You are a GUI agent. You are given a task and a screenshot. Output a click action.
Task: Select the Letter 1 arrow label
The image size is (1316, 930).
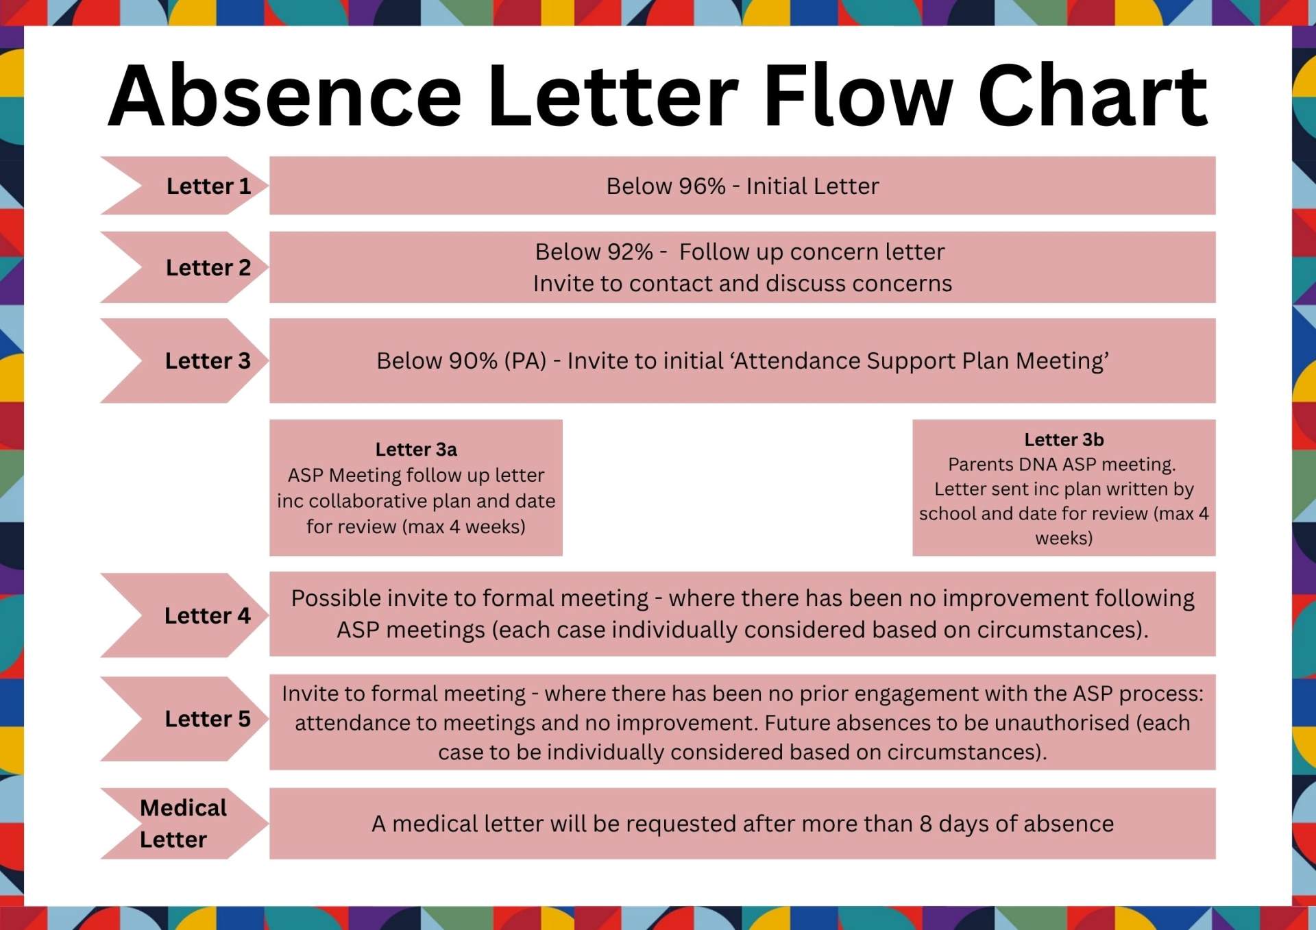click(x=208, y=186)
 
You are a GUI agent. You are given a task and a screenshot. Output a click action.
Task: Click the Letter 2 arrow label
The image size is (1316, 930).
click(x=208, y=267)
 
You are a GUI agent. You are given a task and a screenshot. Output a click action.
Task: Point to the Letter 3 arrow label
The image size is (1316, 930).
click(x=208, y=360)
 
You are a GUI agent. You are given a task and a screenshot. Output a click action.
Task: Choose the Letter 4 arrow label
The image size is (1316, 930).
click(x=207, y=615)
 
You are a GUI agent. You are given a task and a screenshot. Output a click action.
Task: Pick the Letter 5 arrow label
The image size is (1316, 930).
click(x=208, y=718)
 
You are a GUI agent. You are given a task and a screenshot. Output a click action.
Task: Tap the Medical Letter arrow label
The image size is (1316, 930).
click(x=182, y=823)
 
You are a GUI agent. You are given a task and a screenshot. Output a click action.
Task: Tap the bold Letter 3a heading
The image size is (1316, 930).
click(x=416, y=450)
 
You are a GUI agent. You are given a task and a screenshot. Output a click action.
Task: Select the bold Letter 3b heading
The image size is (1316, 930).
click(x=1064, y=440)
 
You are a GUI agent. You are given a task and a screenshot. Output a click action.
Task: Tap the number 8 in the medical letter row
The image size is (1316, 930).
click(x=925, y=824)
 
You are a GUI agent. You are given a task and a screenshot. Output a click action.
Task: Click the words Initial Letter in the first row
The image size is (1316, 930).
click(x=812, y=186)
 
